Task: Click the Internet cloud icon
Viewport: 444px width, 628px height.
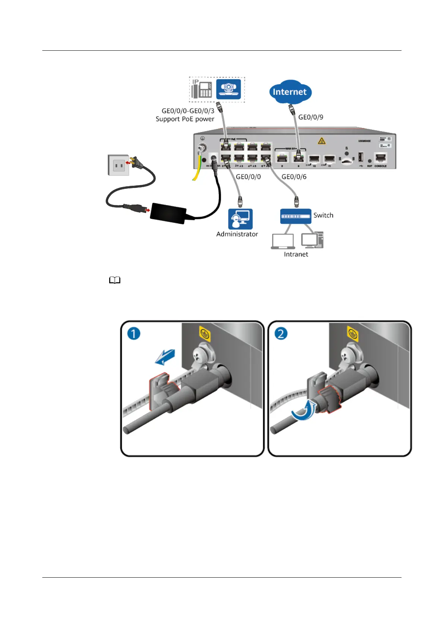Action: point(290,92)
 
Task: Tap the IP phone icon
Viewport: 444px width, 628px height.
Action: point(202,89)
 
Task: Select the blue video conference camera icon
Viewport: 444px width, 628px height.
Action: point(229,89)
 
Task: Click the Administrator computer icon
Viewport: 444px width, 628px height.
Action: point(240,219)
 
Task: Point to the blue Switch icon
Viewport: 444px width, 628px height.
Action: point(295,216)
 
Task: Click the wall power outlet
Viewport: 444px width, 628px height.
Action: point(119,165)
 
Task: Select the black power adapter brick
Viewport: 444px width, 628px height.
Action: point(169,213)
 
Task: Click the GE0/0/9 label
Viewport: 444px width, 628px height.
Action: point(311,117)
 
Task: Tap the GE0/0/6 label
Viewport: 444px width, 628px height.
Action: point(294,177)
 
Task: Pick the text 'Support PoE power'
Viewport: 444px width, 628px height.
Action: point(185,119)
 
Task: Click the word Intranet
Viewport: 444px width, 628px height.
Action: point(296,254)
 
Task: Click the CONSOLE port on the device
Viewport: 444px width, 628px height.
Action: point(380,158)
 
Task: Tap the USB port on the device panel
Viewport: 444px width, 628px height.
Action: point(360,157)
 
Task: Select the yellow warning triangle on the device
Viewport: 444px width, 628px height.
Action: point(321,141)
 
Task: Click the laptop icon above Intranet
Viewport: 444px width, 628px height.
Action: point(283,241)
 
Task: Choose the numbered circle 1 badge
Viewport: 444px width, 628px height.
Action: point(134,333)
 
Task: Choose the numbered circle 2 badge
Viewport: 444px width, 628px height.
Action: point(281,333)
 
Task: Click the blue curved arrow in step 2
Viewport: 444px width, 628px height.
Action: point(303,411)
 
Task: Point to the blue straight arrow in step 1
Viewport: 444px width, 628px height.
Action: point(165,357)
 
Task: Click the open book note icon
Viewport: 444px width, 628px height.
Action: point(115,280)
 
